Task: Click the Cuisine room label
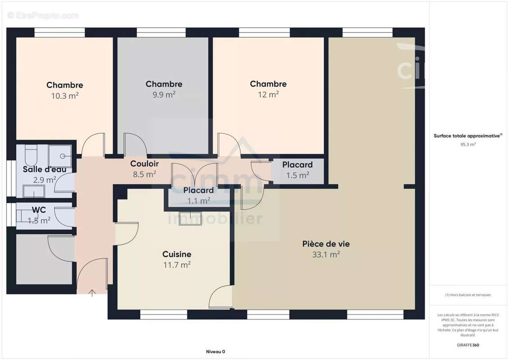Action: click(x=177, y=254)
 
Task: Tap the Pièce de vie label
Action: click(x=326, y=244)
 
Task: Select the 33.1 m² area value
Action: click(x=326, y=254)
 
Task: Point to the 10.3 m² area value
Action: click(x=65, y=95)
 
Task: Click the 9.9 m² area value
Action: click(x=164, y=94)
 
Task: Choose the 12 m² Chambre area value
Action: click(x=268, y=94)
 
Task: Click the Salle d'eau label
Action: click(x=45, y=170)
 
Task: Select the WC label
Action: click(x=39, y=210)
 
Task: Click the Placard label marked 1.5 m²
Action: click(x=297, y=165)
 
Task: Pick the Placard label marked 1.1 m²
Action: click(x=198, y=190)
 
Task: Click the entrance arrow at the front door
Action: click(x=92, y=293)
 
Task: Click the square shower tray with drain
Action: click(x=60, y=156)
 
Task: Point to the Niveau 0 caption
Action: click(x=215, y=351)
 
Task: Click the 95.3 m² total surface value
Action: click(x=468, y=144)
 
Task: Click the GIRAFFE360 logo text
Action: click(x=468, y=345)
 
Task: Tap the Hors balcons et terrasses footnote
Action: click(x=468, y=295)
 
